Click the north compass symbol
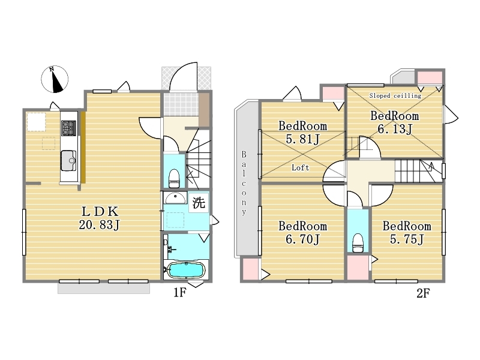55,79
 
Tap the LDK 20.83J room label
99,218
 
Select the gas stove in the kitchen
68,128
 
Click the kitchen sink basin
68,160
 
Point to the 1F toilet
174,178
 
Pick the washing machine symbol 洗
199,202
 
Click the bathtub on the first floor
185,270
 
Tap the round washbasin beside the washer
175,198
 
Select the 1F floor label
179,293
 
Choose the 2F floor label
423,293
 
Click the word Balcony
244,183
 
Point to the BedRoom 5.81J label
302,132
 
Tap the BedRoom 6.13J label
395,122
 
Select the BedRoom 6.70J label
302,233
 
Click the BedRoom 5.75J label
407,233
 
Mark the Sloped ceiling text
395,96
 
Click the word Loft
301,167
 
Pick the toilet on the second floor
358,243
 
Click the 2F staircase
418,171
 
